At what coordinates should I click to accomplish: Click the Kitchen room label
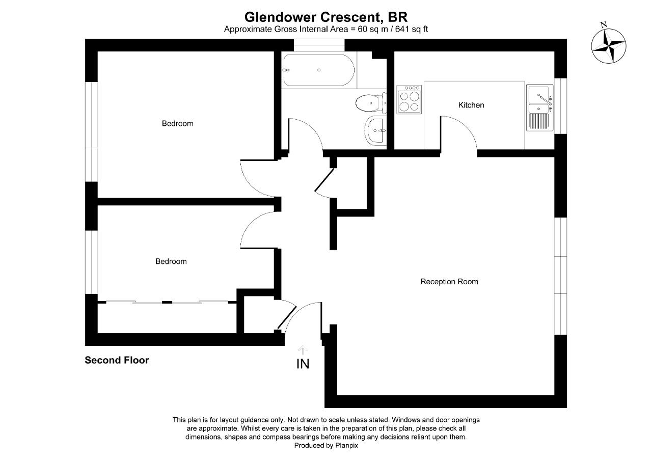[471, 105]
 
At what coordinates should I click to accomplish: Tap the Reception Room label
[449, 282]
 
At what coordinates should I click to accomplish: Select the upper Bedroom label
[177, 123]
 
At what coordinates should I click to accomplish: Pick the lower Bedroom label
[171, 261]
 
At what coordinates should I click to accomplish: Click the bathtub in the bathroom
[319, 70]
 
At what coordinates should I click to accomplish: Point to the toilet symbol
[369, 103]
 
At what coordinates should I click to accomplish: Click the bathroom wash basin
[376, 130]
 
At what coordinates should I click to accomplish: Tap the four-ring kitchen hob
[410, 99]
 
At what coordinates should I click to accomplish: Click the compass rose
[609, 46]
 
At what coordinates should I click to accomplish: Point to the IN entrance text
[303, 364]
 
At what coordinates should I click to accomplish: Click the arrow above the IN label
[303, 350]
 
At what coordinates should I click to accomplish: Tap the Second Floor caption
[117, 360]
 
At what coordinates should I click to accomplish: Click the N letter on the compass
[604, 24]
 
